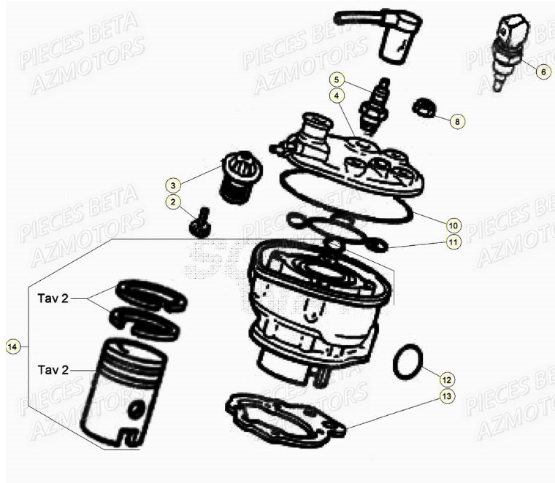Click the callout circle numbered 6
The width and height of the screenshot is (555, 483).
pos(543,72)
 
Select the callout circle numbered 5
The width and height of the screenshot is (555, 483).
pos(337,79)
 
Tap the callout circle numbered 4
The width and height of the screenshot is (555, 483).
pos(337,96)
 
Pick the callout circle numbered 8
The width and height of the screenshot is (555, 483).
pos(457,121)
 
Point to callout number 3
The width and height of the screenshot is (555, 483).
pos(173,183)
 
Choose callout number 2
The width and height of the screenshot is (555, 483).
pos(173,201)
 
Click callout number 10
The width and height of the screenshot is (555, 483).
pos(453,225)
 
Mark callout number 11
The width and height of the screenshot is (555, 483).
pos(453,242)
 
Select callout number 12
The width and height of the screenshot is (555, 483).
pos(447,379)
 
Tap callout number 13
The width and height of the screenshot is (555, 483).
pos(447,396)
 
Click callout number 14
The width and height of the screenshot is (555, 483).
pos(12,347)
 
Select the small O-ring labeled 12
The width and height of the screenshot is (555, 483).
pos(408,362)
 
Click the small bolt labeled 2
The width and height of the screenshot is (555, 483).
pos(198,222)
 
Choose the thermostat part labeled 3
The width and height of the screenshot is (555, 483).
pos(234,179)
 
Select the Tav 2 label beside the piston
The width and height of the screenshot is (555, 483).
pos(53,370)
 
